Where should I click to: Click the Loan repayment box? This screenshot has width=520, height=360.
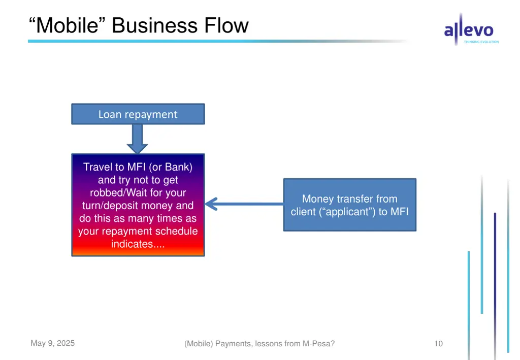(x=138, y=114)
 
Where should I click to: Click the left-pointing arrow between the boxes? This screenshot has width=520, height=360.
(x=244, y=204)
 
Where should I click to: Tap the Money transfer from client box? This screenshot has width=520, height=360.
(x=349, y=205)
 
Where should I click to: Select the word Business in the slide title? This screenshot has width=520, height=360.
(x=155, y=25)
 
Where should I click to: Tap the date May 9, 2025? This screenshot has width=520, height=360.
(x=52, y=343)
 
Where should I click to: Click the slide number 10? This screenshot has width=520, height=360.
(x=438, y=344)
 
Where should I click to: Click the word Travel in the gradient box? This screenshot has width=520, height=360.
(x=100, y=167)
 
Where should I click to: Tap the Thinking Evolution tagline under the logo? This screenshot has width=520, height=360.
(x=481, y=42)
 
